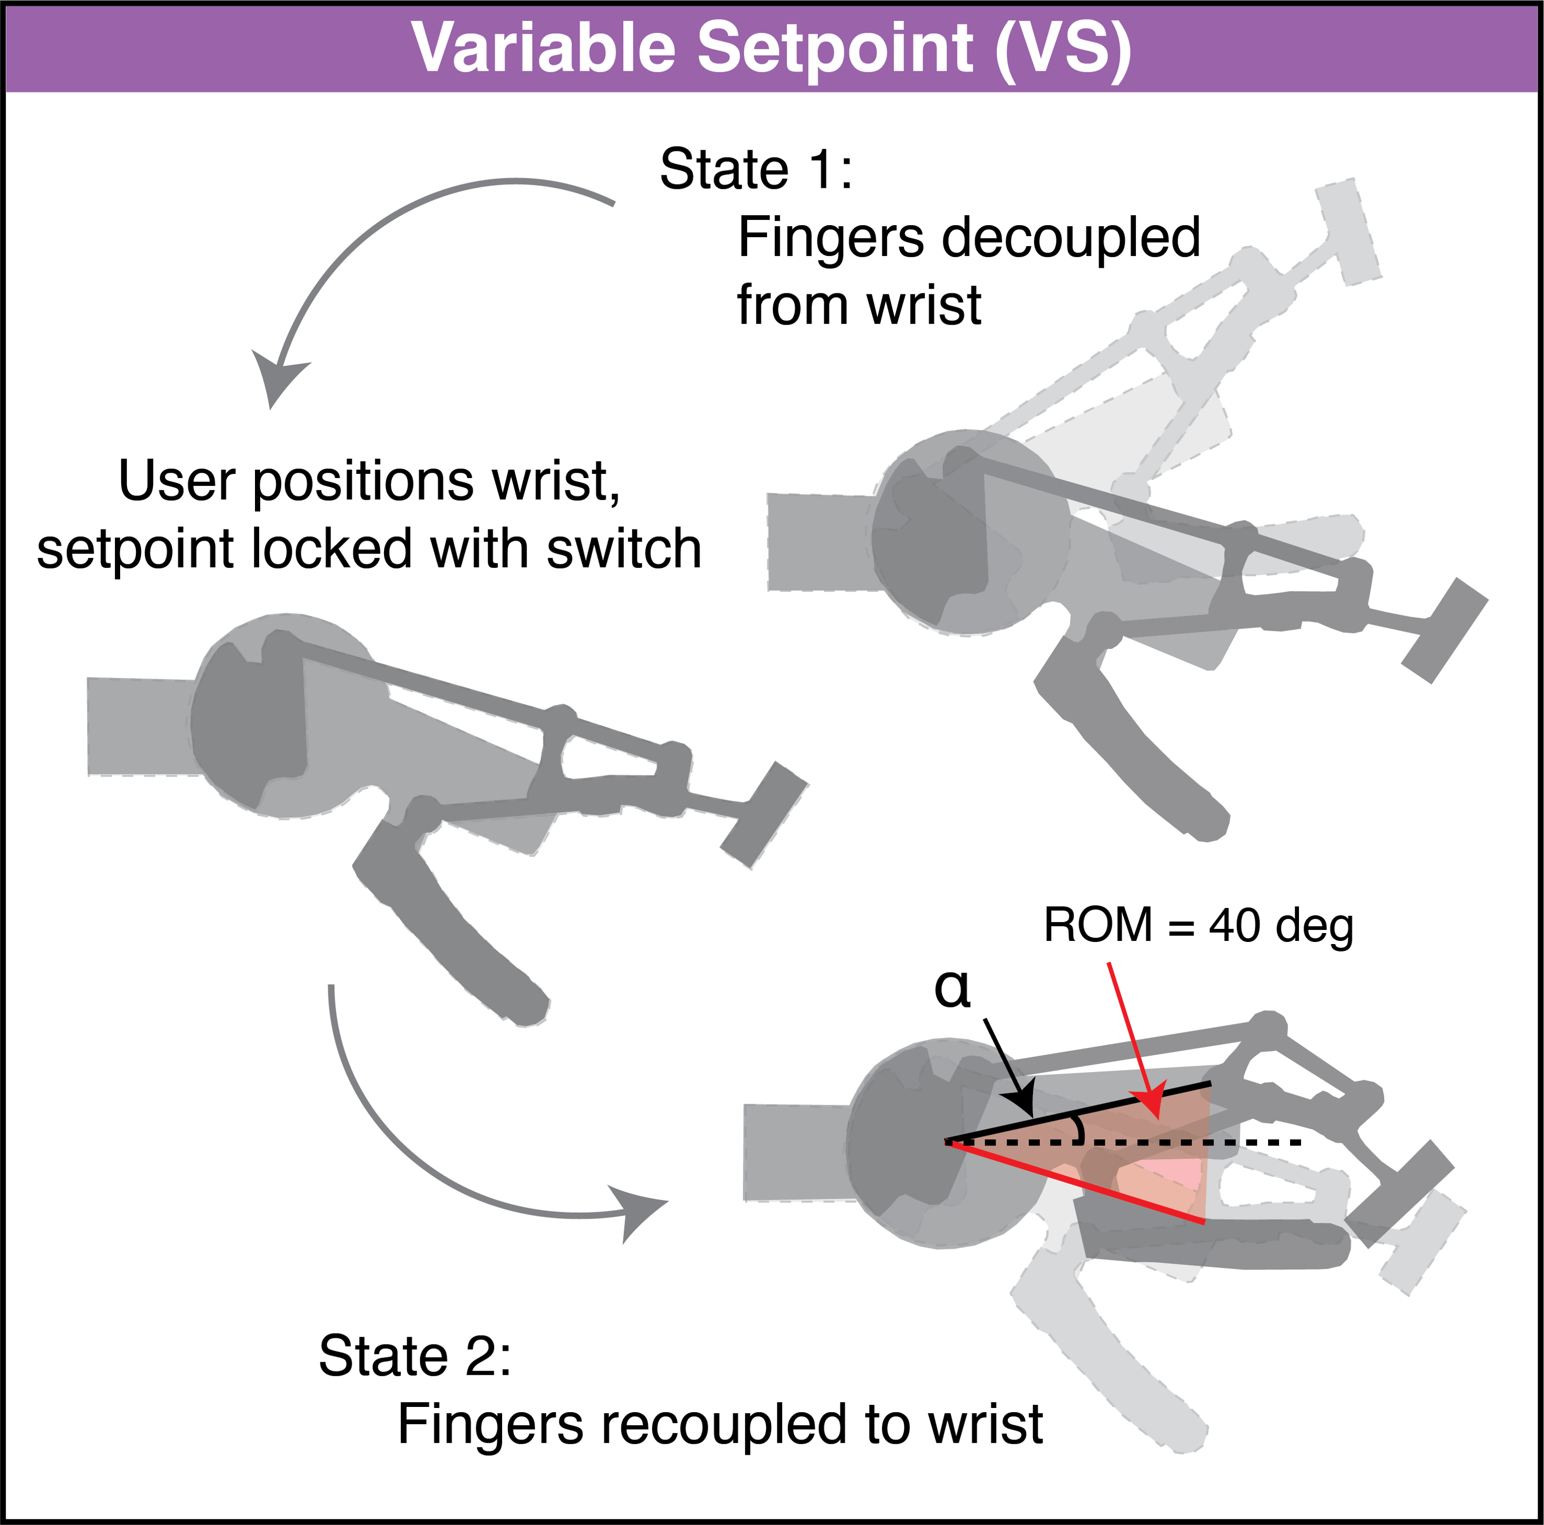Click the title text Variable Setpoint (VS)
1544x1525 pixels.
771,48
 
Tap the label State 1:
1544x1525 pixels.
756,170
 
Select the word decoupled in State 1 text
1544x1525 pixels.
1071,238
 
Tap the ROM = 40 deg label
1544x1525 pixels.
1198,926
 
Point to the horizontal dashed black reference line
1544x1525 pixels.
1247,1143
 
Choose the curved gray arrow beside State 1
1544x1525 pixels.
376,240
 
